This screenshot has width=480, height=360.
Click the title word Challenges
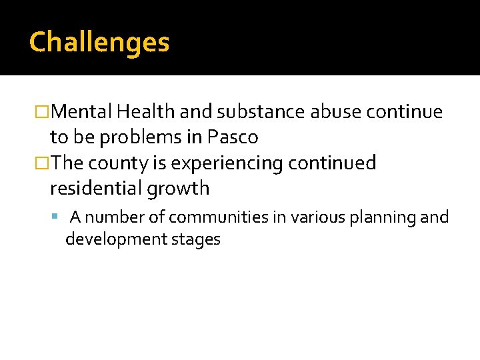(x=99, y=43)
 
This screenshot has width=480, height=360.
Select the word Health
(x=139, y=112)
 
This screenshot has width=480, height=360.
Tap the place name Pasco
(x=233, y=137)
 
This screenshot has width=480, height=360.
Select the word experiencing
(x=221, y=163)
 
